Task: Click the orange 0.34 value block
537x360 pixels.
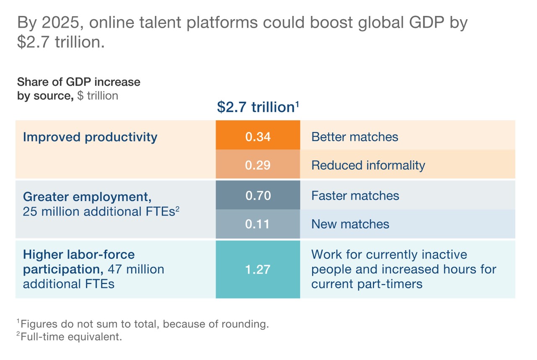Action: (258, 136)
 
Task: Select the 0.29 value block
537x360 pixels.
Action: (258, 165)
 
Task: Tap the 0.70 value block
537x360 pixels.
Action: (258, 195)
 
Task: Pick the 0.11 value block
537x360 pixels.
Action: (258, 224)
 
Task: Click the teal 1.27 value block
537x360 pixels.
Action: (258, 269)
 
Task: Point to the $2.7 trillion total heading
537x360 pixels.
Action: (258, 107)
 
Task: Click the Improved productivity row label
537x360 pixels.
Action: (90, 137)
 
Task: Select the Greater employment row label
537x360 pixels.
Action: (87, 196)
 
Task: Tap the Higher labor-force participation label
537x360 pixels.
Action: (79, 255)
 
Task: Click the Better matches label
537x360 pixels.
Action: (355, 137)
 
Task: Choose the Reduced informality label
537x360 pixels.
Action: (368, 165)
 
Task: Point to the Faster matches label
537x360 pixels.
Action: (355, 195)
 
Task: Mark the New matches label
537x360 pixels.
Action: (350, 224)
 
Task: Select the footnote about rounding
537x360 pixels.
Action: (143, 324)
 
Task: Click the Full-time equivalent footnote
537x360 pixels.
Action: (69, 337)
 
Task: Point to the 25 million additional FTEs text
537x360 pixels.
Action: (101, 211)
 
